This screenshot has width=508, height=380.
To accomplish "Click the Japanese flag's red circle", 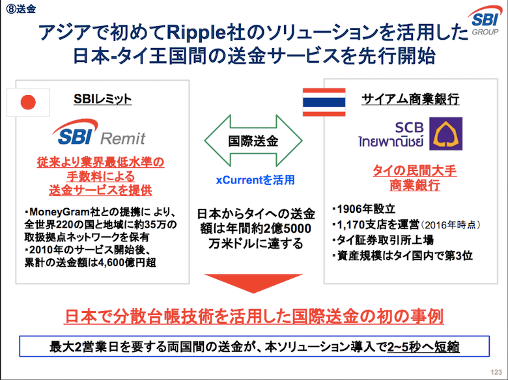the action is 28,102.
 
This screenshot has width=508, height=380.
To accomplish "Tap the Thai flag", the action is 324,102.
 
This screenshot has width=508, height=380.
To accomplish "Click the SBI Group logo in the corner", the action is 485,21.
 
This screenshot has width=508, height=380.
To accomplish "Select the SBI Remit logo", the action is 99,132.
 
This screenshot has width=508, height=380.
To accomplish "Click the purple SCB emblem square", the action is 445,133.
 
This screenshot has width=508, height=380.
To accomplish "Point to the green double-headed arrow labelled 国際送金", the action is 253,141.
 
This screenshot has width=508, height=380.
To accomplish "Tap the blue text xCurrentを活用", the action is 255,180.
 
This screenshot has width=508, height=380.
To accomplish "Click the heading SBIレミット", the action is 102,99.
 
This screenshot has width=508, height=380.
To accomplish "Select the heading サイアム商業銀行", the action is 410,99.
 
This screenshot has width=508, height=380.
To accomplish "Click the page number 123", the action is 496,372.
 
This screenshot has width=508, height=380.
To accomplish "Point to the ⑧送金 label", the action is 21,8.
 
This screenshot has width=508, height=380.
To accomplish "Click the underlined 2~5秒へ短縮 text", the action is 423,347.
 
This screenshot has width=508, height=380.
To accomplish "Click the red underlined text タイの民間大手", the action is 415,170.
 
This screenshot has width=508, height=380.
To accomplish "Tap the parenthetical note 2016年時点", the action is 449,225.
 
